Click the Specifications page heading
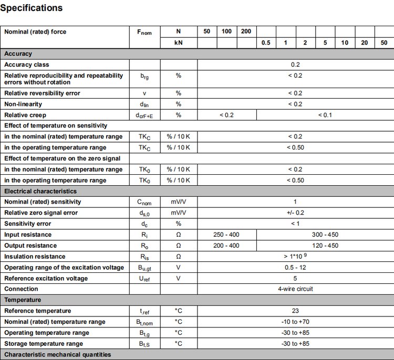(x=32, y=8)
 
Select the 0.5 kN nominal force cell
(x=266, y=43)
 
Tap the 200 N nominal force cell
(x=246, y=31)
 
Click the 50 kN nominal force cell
(x=384, y=43)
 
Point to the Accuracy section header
(x=18, y=54)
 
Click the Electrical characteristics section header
(x=40, y=191)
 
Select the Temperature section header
(x=23, y=300)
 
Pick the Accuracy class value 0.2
(x=295, y=65)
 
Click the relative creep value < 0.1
(x=325, y=115)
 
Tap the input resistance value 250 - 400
(x=226, y=235)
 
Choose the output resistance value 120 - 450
(x=325, y=246)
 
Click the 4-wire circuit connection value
(x=295, y=289)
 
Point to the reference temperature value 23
(x=295, y=311)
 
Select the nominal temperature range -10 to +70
(x=295, y=322)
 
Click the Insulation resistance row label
(x=35, y=257)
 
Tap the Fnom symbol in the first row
(x=144, y=32)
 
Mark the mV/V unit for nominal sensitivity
(x=178, y=202)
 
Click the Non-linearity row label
(x=23, y=104)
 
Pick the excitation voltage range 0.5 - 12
(x=295, y=268)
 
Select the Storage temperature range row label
(x=44, y=344)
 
